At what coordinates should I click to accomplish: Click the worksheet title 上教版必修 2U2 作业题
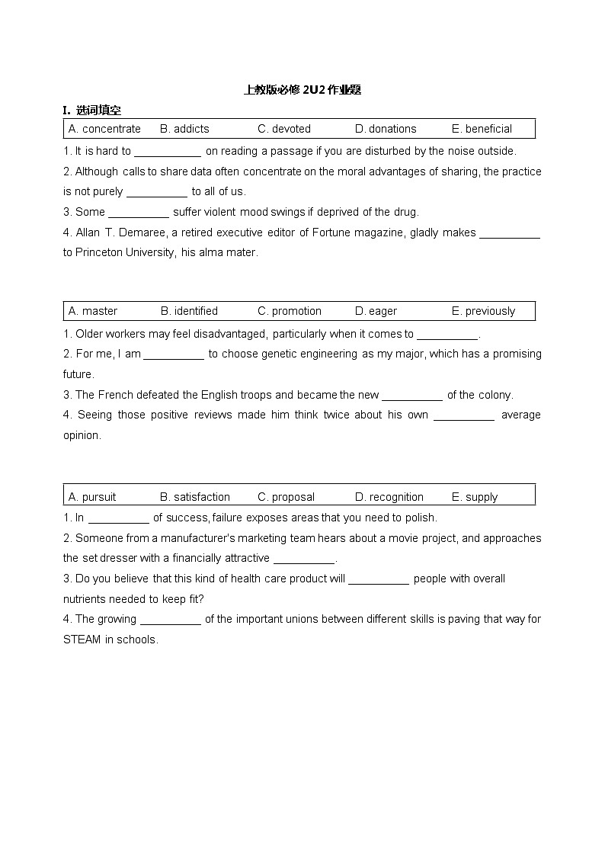coord(302,90)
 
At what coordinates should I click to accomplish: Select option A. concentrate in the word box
coord(104,129)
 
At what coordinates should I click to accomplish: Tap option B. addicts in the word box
coord(184,129)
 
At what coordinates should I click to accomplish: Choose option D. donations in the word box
coord(386,129)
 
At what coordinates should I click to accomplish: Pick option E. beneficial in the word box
coord(482,129)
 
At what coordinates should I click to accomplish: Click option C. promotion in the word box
coord(290,311)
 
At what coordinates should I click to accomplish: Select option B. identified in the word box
coord(189,311)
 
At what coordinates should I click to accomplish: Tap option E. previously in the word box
coord(483,311)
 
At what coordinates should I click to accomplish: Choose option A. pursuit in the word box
coord(92,497)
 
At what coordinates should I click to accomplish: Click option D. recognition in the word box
coord(389,497)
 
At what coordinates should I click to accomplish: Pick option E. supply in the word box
coord(474,497)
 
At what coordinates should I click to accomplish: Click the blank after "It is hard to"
coord(168,152)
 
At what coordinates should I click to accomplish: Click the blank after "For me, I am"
coord(174,354)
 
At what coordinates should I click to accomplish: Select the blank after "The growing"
coord(171,620)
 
